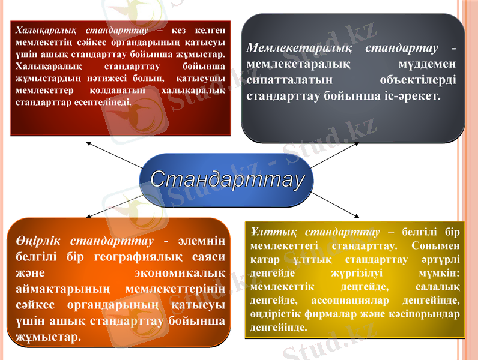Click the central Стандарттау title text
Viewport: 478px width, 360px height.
(228, 179)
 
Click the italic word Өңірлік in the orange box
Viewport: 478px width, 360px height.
(37, 241)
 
